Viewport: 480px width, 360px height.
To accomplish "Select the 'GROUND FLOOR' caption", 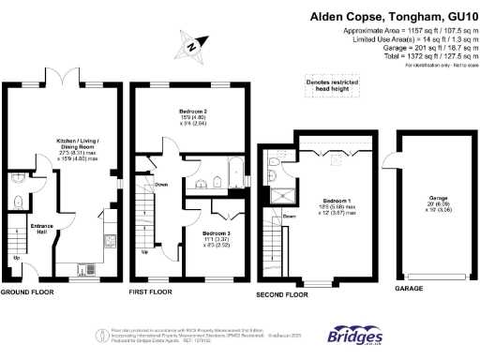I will tap(27, 292).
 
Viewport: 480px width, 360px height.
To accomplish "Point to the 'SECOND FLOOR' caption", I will tap(282, 294).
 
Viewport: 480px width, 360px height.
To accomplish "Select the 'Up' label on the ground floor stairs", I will tap(16, 257).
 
